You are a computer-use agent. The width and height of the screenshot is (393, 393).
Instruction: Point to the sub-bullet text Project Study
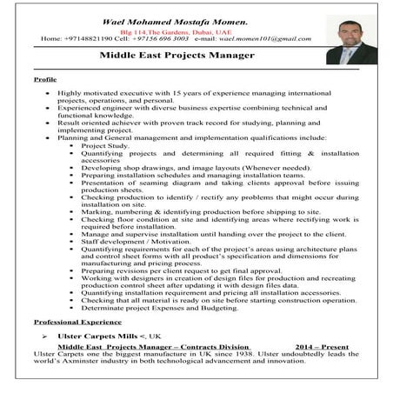[x=105, y=147]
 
